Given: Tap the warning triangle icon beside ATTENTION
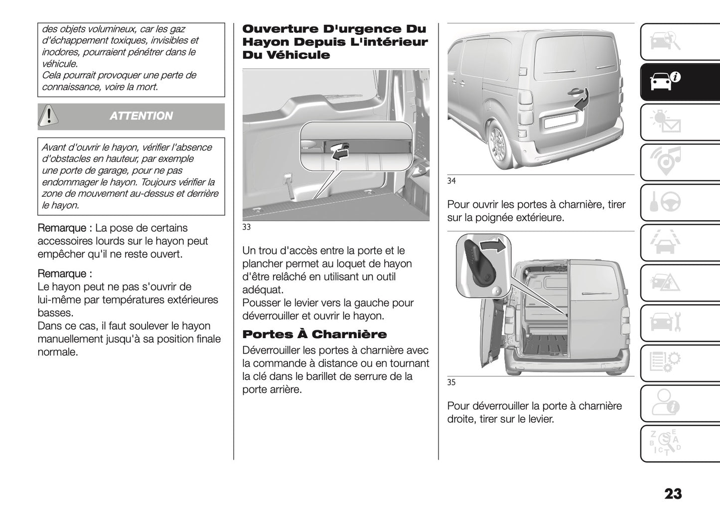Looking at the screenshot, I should (x=49, y=116).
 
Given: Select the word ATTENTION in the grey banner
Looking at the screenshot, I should (x=141, y=116).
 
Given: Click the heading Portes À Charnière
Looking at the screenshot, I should (x=314, y=334).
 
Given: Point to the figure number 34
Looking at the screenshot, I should (x=451, y=181).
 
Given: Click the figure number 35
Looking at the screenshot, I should (x=451, y=382).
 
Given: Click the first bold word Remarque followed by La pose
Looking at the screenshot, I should (x=64, y=228).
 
